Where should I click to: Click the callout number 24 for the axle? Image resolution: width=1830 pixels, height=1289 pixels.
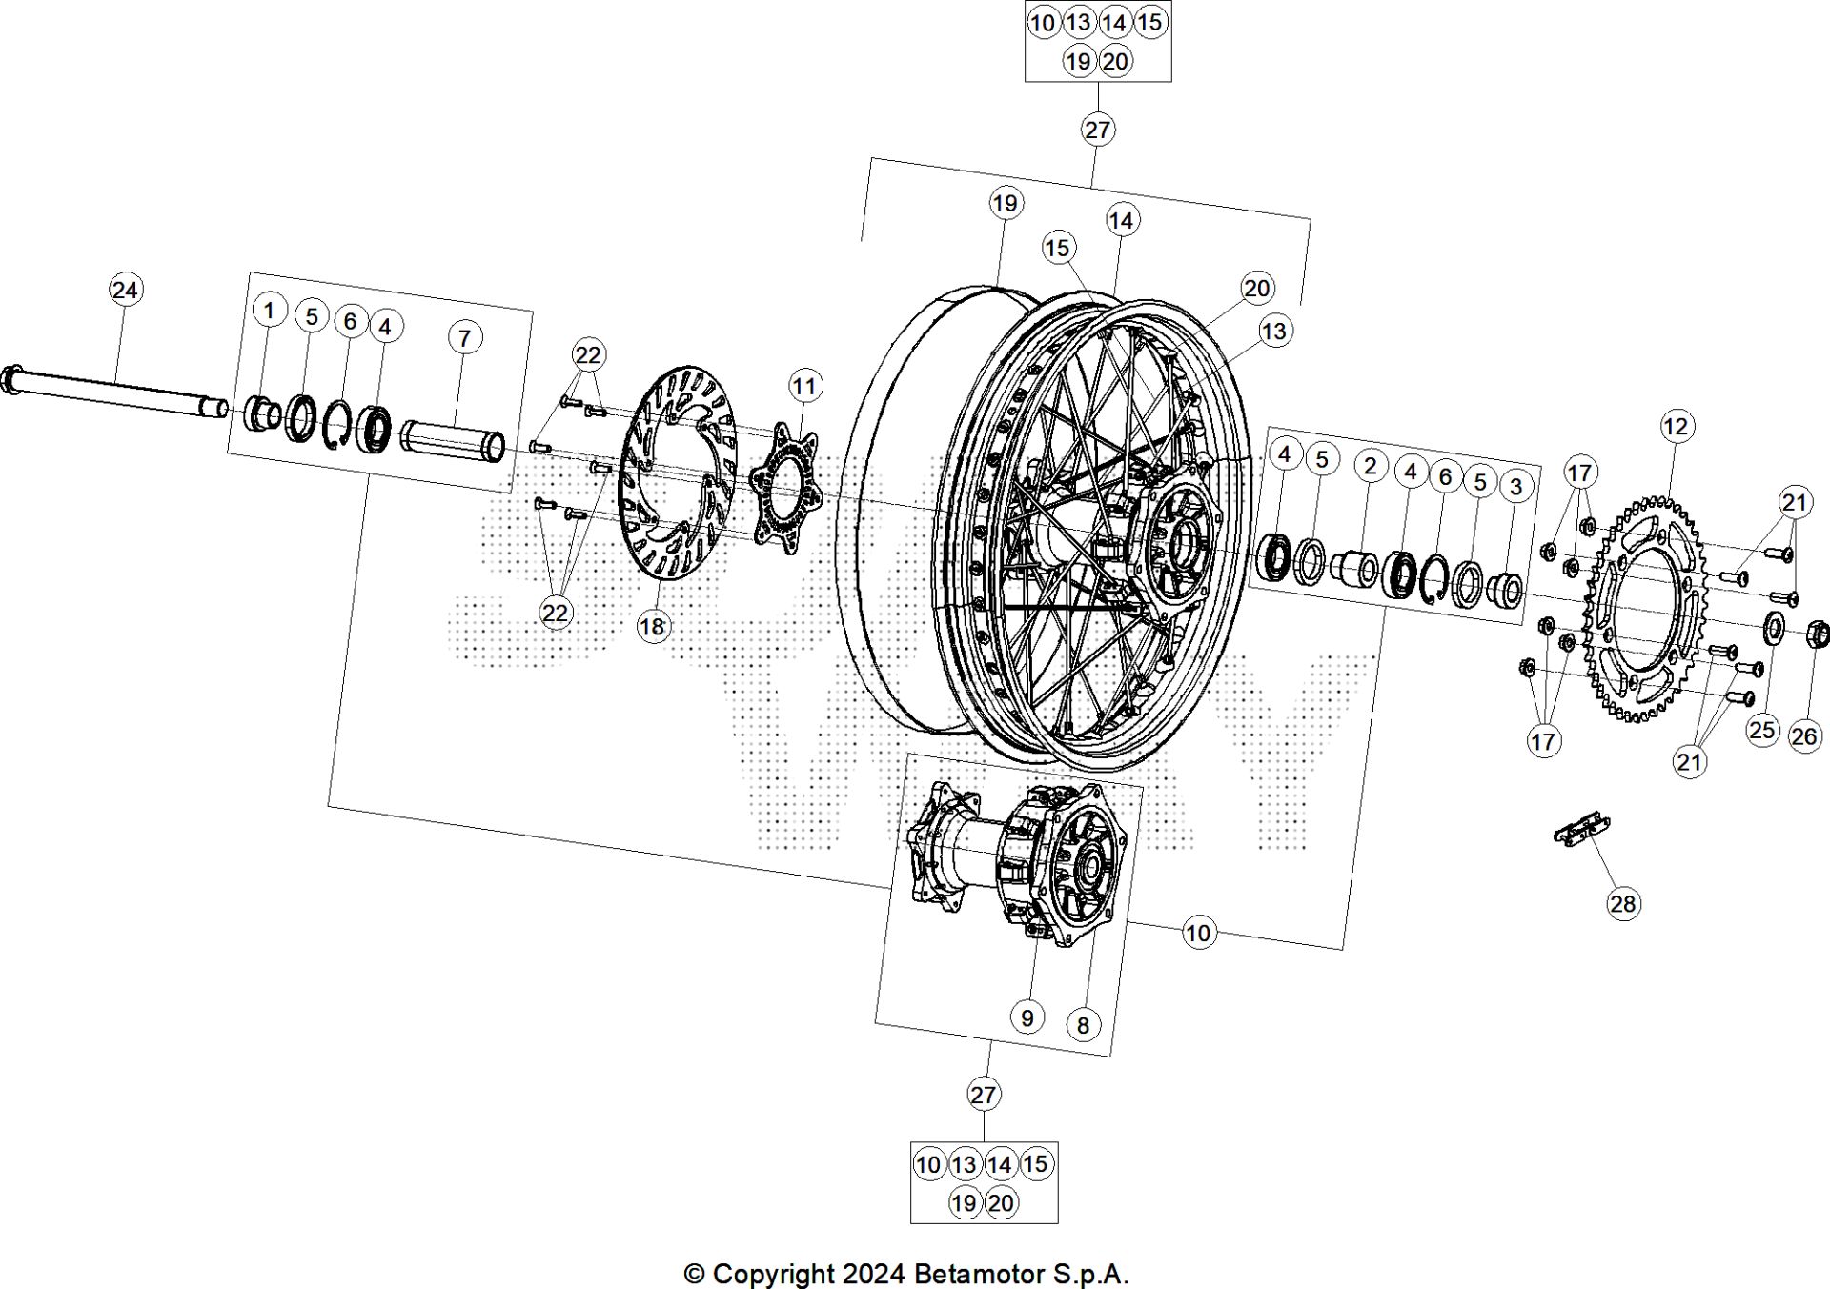tap(125, 290)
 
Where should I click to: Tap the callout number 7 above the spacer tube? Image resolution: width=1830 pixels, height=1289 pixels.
tap(464, 337)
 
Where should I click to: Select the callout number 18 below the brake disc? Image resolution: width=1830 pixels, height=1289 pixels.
tap(653, 627)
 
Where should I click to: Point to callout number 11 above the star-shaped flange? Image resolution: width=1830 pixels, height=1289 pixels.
tap(805, 386)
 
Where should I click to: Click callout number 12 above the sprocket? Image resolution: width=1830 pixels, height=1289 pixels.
tap(1676, 426)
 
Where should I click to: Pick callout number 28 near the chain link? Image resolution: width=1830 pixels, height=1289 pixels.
tap(1623, 903)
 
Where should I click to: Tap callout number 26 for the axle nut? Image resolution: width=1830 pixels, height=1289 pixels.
tap(1804, 735)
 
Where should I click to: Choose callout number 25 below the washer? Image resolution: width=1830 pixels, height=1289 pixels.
tap(1762, 730)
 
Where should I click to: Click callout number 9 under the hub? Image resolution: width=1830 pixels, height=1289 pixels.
tap(1027, 1017)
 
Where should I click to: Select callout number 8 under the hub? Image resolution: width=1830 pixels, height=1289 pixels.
tap(1083, 1025)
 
